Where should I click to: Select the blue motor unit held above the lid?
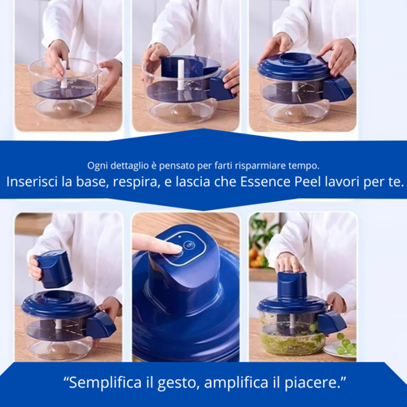[55, 268]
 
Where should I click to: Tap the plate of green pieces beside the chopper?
[342, 346]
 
